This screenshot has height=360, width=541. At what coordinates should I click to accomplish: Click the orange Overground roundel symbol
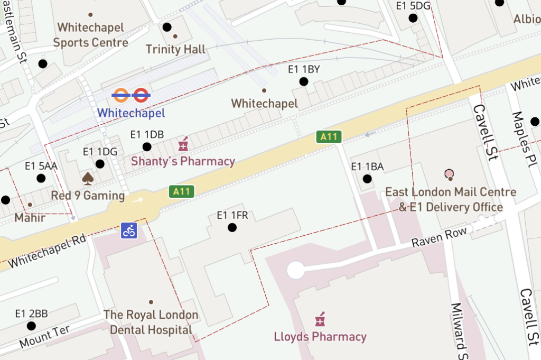[x=121, y=95]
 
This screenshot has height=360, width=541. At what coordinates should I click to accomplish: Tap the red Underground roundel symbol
[x=141, y=95]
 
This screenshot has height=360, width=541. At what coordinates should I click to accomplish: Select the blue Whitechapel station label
[x=131, y=113]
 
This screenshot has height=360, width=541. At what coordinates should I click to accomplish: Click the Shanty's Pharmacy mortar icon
[x=183, y=143]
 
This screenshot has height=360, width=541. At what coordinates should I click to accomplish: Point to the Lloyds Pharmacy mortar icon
[x=320, y=319]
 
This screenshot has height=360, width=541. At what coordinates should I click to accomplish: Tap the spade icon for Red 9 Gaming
[x=88, y=179]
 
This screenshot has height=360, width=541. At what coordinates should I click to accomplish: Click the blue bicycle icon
[x=129, y=230]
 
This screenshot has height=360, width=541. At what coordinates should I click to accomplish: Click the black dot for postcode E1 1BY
[x=304, y=81]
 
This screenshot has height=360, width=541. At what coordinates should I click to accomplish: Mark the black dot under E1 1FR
[x=232, y=228]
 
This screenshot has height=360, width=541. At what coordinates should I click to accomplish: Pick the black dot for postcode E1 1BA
[x=367, y=179]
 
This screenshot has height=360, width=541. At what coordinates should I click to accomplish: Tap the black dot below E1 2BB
[x=31, y=326]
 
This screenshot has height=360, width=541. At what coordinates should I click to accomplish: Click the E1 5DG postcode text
[x=413, y=6]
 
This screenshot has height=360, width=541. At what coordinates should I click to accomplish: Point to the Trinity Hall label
[x=175, y=50]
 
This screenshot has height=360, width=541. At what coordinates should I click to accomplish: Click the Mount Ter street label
[x=44, y=337]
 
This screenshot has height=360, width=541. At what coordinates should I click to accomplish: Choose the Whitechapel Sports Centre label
[x=90, y=35]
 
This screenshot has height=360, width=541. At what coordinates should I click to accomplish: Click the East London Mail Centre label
[x=451, y=199]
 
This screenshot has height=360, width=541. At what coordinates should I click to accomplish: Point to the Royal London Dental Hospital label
[x=151, y=322]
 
